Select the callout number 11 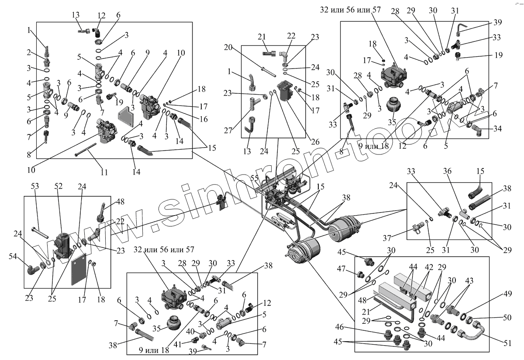[103, 172]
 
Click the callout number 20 [227, 48]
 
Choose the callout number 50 [507, 318]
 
